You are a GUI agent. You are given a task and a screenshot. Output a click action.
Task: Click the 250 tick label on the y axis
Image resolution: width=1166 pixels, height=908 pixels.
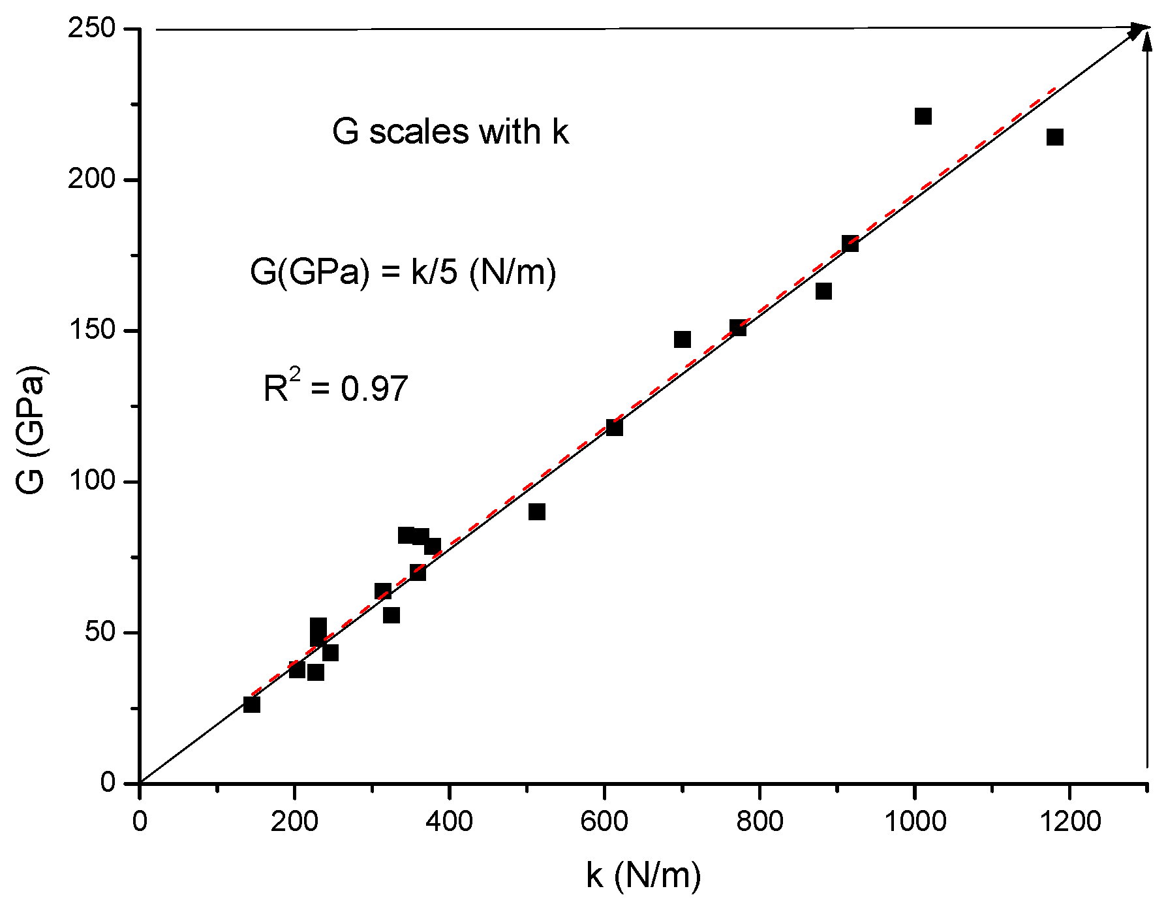click(x=91, y=29)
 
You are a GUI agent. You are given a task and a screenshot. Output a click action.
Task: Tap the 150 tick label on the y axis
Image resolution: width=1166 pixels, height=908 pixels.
click(x=91, y=330)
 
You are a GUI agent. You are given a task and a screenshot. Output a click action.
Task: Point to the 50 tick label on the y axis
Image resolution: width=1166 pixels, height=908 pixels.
click(x=100, y=632)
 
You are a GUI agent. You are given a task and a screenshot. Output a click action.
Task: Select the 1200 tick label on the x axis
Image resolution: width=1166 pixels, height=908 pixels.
click(x=1070, y=821)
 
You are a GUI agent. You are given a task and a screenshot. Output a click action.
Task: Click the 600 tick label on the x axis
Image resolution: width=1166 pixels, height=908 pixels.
click(x=604, y=821)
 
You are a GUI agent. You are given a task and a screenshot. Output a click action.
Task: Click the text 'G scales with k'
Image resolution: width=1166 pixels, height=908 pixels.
click(x=450, y=132)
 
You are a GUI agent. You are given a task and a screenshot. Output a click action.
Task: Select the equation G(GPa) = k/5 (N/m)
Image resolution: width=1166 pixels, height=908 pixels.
click(x=403, y=272)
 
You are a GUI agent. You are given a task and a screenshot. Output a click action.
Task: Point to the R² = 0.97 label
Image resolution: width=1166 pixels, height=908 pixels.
click(x=335, y=388)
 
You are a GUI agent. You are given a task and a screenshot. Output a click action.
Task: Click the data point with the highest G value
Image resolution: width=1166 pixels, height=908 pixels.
click(x=923, y=116)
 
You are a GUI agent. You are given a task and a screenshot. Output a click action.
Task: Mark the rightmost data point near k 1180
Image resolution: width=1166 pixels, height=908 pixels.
click(x=1055, y=137)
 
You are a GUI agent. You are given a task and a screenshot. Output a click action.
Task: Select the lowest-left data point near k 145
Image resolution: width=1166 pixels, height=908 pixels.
click(x=252, y=704)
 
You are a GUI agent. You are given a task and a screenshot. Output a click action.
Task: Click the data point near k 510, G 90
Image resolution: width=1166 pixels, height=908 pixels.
click(x=537, y=512)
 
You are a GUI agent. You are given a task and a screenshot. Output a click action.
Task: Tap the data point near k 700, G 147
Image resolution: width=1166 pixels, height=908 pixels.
click(x=683, y=339)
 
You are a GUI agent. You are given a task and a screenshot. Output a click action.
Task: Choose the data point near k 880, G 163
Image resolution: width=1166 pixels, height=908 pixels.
click(x=823, y=291)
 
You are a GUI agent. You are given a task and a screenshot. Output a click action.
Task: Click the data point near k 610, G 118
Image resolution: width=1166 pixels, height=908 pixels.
click(x=614, y=428)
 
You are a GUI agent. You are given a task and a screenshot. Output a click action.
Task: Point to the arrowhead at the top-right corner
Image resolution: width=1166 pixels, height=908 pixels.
click(x=1143, y=29)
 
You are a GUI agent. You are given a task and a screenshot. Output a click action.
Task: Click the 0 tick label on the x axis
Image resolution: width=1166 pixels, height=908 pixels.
click(x=140, y=821)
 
